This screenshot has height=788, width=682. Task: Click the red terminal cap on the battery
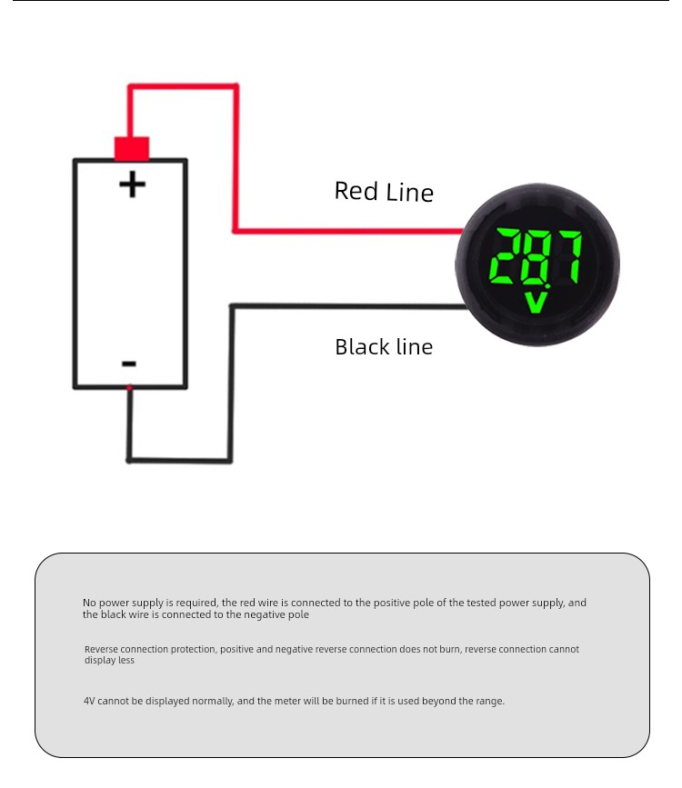point(132,149)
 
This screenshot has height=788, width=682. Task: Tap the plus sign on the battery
point(132,185)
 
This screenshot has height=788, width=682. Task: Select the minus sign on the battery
point(129,364)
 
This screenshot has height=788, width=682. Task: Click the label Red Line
point(384,192)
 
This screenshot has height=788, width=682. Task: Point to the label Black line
point(384,347)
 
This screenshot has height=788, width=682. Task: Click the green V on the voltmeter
point(537,303)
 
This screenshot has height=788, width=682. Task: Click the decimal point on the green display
point(547,286)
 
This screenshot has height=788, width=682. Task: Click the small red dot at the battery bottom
point(129,387)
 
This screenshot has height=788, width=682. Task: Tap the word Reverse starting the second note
point(101,649)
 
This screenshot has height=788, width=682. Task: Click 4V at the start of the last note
point(89,701)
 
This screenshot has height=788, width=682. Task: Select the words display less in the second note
point(109,661)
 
